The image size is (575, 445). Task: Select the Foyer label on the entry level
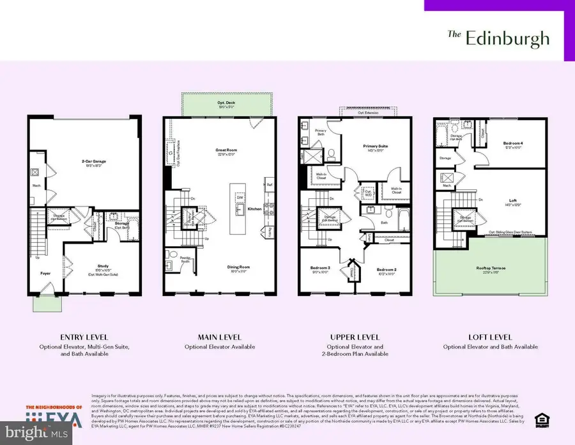45,272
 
